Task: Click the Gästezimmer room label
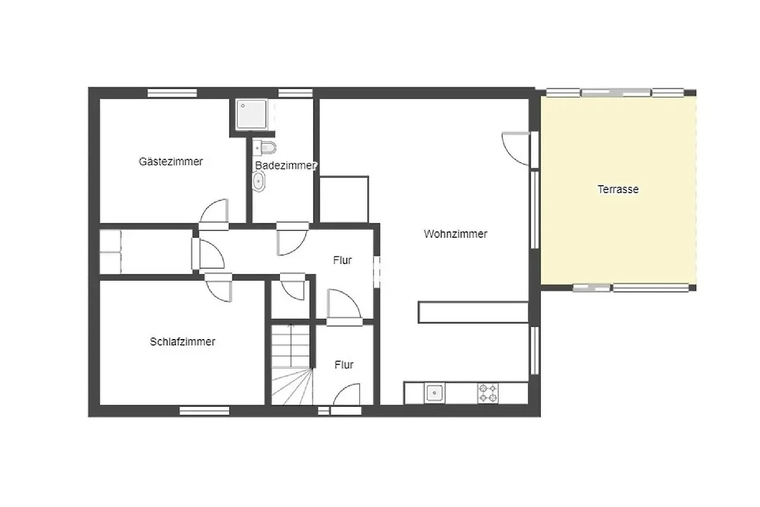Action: [x=170, y=162]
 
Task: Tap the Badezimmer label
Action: [x=286, y=165]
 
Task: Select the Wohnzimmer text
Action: [x=455, y=234]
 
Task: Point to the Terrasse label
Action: [x=618, y=189]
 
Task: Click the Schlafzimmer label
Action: [x=182, y=342]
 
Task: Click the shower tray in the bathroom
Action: [x=251, y=114]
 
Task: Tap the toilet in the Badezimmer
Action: [x=265, y=148]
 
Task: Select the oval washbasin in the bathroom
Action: [x=258, y=181]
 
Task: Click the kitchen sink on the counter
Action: [x=434, y=393]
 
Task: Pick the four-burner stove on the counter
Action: [x=488, y=393]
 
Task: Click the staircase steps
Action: [x=291, y=364]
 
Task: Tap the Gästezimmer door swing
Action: [x=215, y=210]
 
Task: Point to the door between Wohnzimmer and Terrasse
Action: [x=516, y=148]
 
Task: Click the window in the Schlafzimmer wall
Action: [x=204, y=411]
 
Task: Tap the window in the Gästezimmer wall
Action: [x=172, y=93]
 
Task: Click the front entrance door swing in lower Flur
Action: [x=347, y=394]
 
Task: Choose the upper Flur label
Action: [x=343, y=260]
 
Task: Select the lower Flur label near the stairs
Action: [x=344, y=364]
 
